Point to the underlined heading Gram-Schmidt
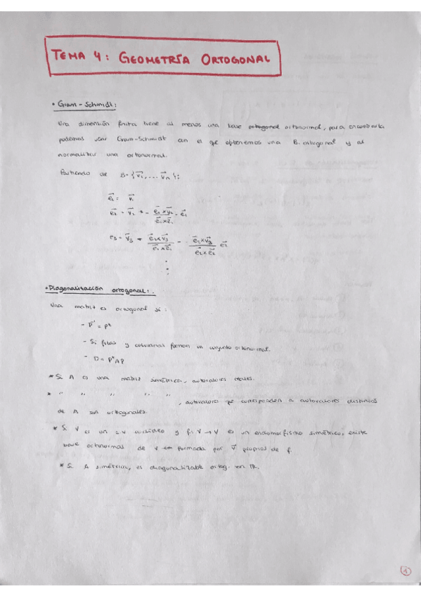click(x=85, y=105)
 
